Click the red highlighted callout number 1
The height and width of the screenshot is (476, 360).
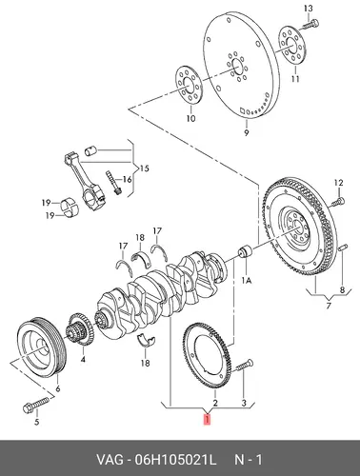click(x=207, y=420)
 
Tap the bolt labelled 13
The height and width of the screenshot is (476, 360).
click(x=310, y=25)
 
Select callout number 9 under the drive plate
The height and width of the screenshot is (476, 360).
click(x=247, y=132)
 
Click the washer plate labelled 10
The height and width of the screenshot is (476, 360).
click(x=190, y=85)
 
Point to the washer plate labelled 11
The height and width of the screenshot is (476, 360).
click(x=292, y=45)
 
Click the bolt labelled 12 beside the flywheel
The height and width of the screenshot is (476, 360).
click(x=337, y=202)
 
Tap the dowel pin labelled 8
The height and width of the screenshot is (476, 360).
click(x=343, y=248)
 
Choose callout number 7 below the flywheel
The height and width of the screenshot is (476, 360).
click(x=329, y=306)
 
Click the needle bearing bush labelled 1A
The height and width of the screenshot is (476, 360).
click(x=245, y=251)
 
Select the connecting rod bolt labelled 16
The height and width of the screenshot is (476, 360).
click(x=114, y=183)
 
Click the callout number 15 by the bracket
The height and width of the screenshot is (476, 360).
click(x=144, y=168)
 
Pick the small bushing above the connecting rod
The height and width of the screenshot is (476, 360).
click(x=90, y=150)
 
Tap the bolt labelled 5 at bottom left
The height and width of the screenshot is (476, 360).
click(x=36, y=405)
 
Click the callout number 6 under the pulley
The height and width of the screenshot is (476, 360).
click(x=58, y=388)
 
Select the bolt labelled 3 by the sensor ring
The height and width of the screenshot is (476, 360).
click(x=244, y=367)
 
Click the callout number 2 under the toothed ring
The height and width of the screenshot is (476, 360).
click(x=215, y=403)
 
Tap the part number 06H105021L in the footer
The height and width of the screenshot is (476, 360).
click(x=176, y=459)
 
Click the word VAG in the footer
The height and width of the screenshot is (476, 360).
click(x=110, y=459)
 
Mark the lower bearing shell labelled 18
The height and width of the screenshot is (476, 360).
click(x=146, y=340)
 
